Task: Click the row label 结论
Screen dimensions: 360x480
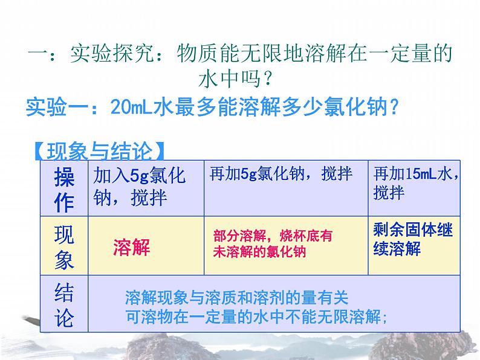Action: (64, 305)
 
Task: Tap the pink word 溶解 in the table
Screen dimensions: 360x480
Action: (131, 247)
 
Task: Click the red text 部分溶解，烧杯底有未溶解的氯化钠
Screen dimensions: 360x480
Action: (273, 244)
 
